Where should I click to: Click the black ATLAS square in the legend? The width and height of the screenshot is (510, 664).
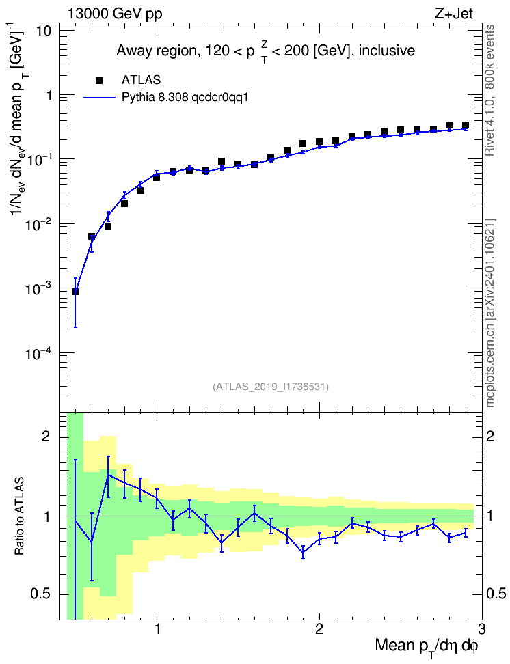(x=99, y=81)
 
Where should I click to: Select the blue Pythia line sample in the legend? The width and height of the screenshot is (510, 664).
(x=100, y=98)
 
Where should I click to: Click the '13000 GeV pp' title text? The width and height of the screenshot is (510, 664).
(x=114, y=14)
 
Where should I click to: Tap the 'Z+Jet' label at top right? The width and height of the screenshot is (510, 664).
(x=454, y=14)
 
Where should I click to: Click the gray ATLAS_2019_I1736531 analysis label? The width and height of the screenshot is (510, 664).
(x=271, y=386)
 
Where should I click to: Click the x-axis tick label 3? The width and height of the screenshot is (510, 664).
(x=481, y=628)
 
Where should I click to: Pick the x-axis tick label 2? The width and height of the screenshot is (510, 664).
(x=319, y=628)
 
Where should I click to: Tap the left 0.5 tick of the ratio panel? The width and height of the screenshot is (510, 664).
(x=41, y=594)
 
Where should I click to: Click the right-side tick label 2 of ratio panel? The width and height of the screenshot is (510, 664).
(x=490, y=436)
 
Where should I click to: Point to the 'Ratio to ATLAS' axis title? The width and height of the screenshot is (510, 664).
(x=19, y=516)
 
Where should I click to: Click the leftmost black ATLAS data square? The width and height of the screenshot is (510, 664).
(x=75, y=291)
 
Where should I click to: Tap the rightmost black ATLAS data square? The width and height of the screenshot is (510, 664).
(x=466, y=125)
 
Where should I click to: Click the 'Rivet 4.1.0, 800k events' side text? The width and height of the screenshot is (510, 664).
(x=490, y=90)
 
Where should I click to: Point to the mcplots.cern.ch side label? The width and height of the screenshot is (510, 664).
(x=490, y=314)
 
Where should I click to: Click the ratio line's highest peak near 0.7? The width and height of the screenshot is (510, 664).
(x=108, y=474)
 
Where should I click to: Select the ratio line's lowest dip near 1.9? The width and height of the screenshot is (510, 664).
(x=303, y=552)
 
